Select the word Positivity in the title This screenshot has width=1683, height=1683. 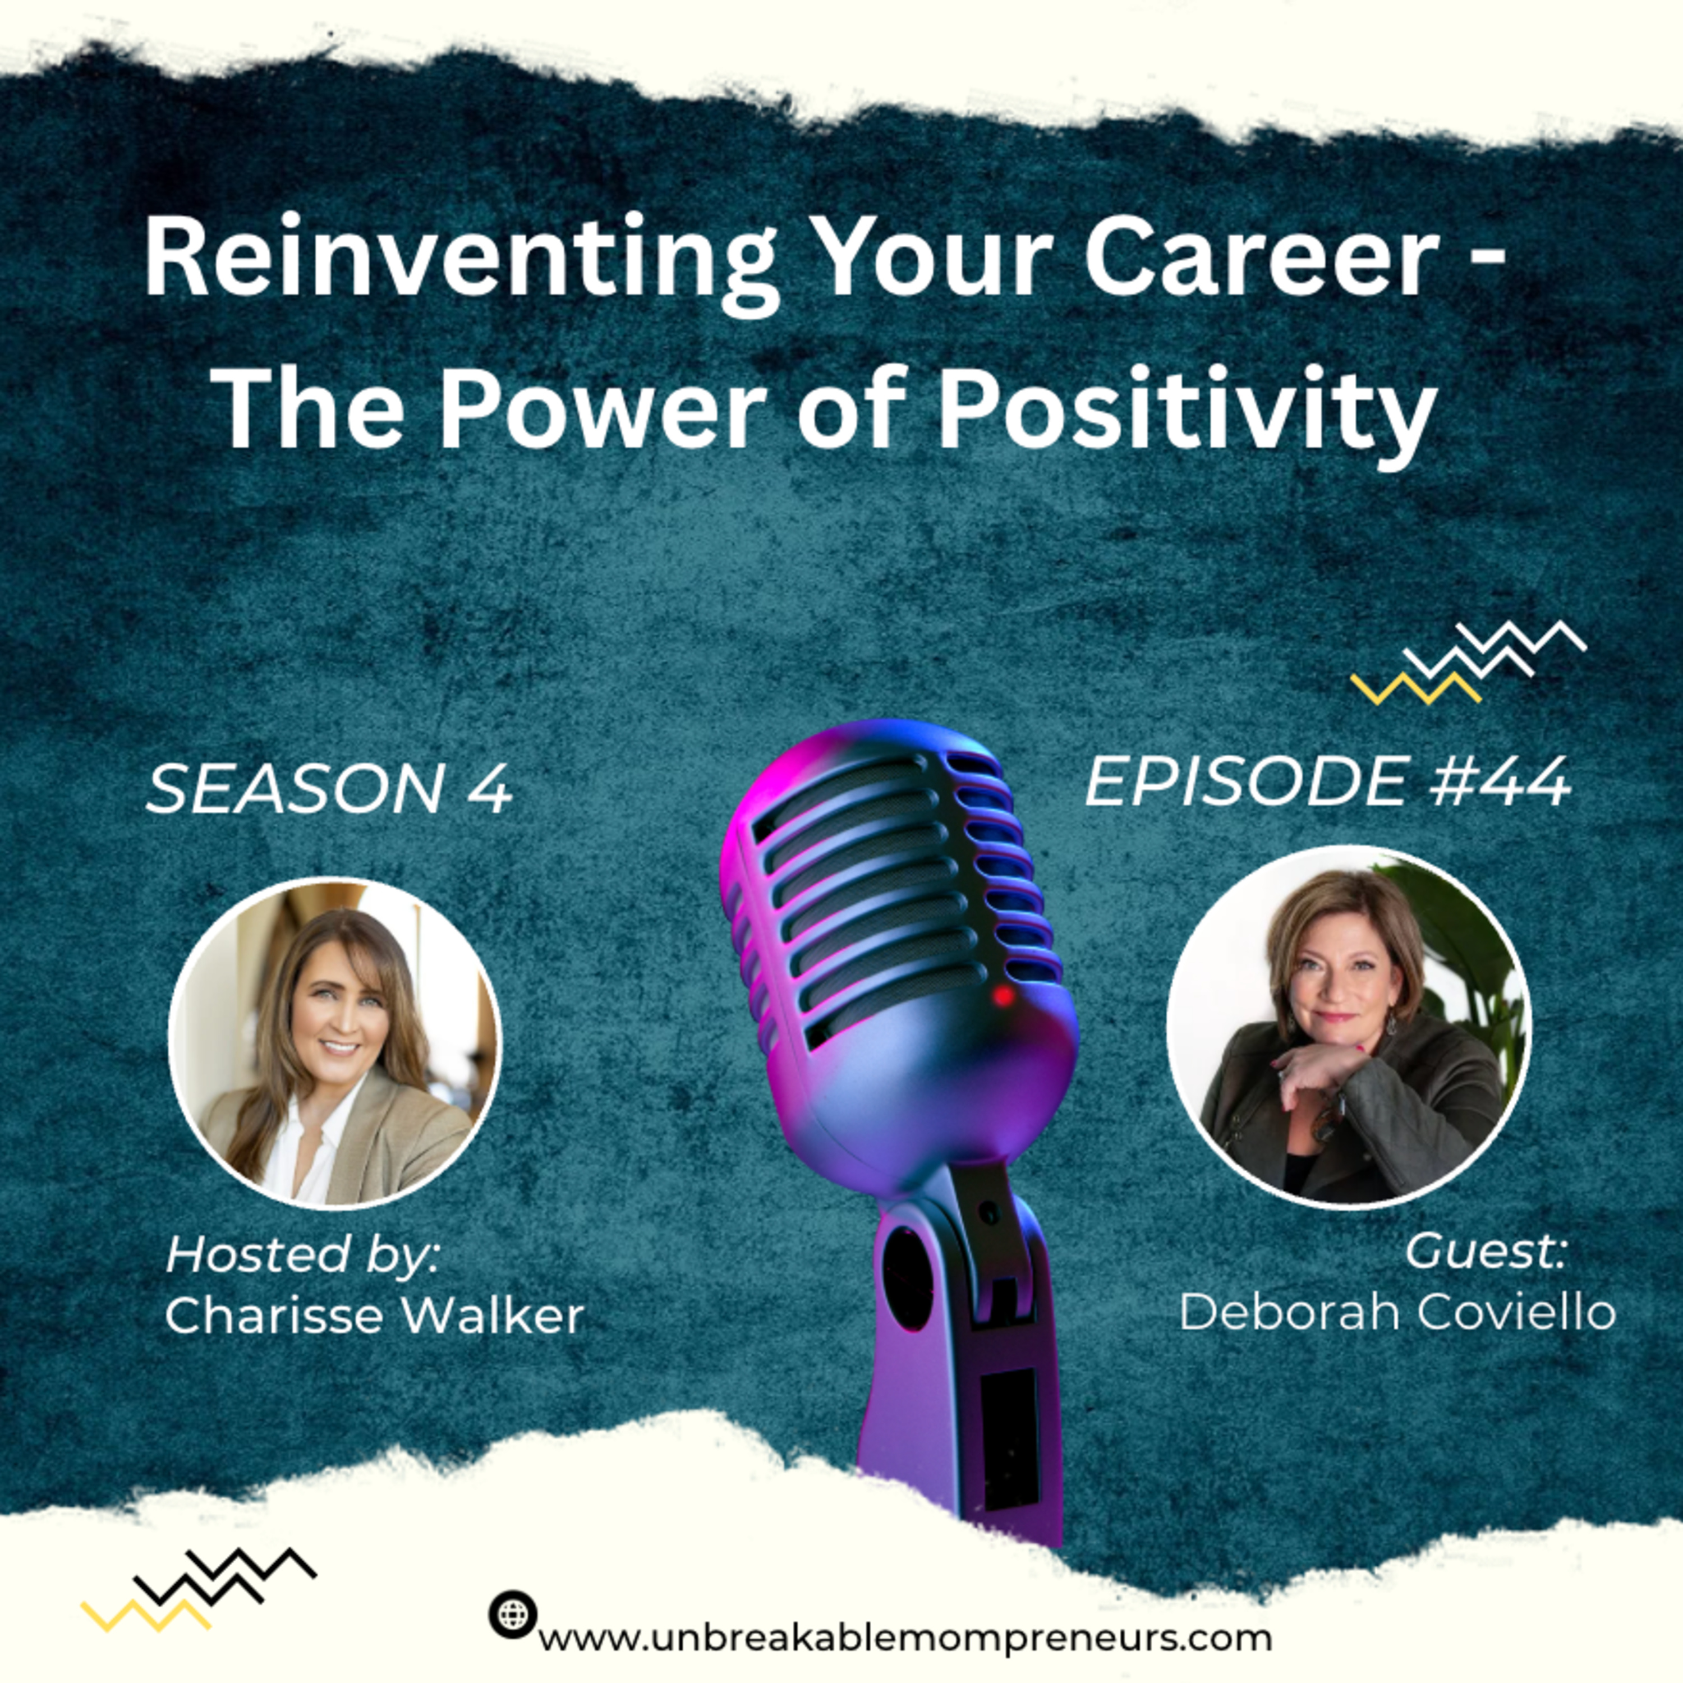tap(1185, 410)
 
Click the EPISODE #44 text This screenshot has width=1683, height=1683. tap(1327, 781)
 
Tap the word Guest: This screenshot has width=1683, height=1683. tap(1486, 1251)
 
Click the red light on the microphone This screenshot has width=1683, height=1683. tap(1004, 995)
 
